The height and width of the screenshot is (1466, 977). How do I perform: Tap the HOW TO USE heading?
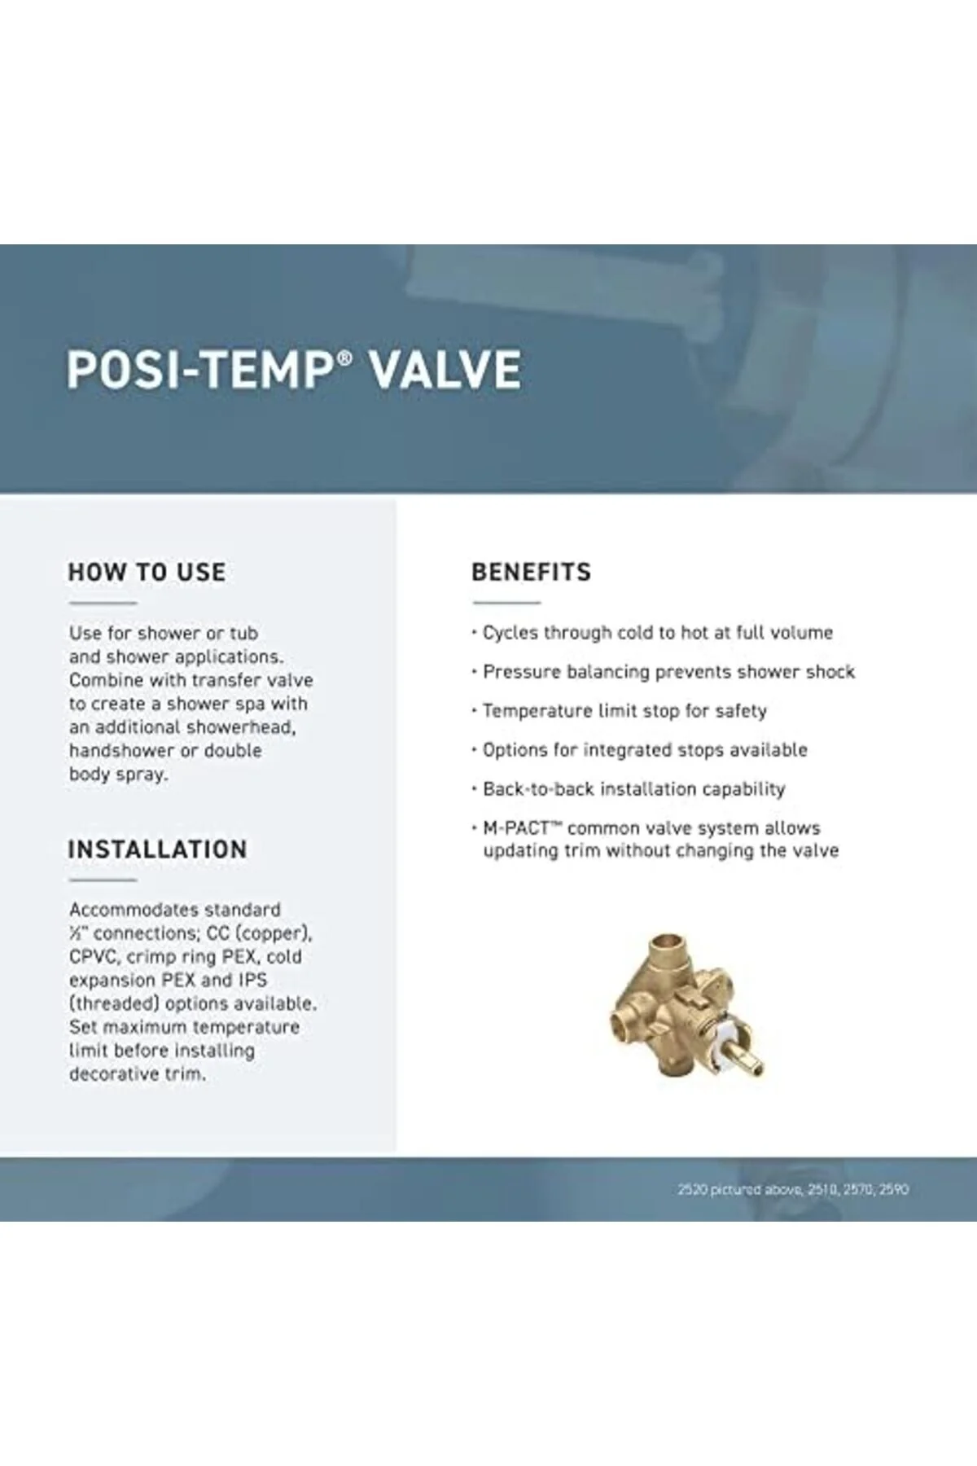point(147,572)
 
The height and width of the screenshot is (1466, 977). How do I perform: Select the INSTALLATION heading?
point(157,849)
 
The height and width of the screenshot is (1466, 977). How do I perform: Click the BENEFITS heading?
point(532,572)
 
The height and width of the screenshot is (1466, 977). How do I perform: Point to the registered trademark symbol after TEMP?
point(345,358)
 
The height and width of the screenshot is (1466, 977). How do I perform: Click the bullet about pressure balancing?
point(664,672)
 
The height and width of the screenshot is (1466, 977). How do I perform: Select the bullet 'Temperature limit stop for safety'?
point(620,711)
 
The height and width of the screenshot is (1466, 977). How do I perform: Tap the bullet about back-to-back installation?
point(629,789)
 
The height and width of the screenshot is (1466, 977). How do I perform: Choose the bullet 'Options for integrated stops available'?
point(640,750)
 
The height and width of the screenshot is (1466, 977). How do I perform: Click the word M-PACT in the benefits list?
point(516,828)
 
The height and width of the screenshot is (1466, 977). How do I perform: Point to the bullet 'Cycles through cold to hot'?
point(652,633)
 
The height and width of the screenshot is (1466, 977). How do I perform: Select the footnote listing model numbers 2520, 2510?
point(793,1189)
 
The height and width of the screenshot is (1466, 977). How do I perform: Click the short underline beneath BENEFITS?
point(506,603)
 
